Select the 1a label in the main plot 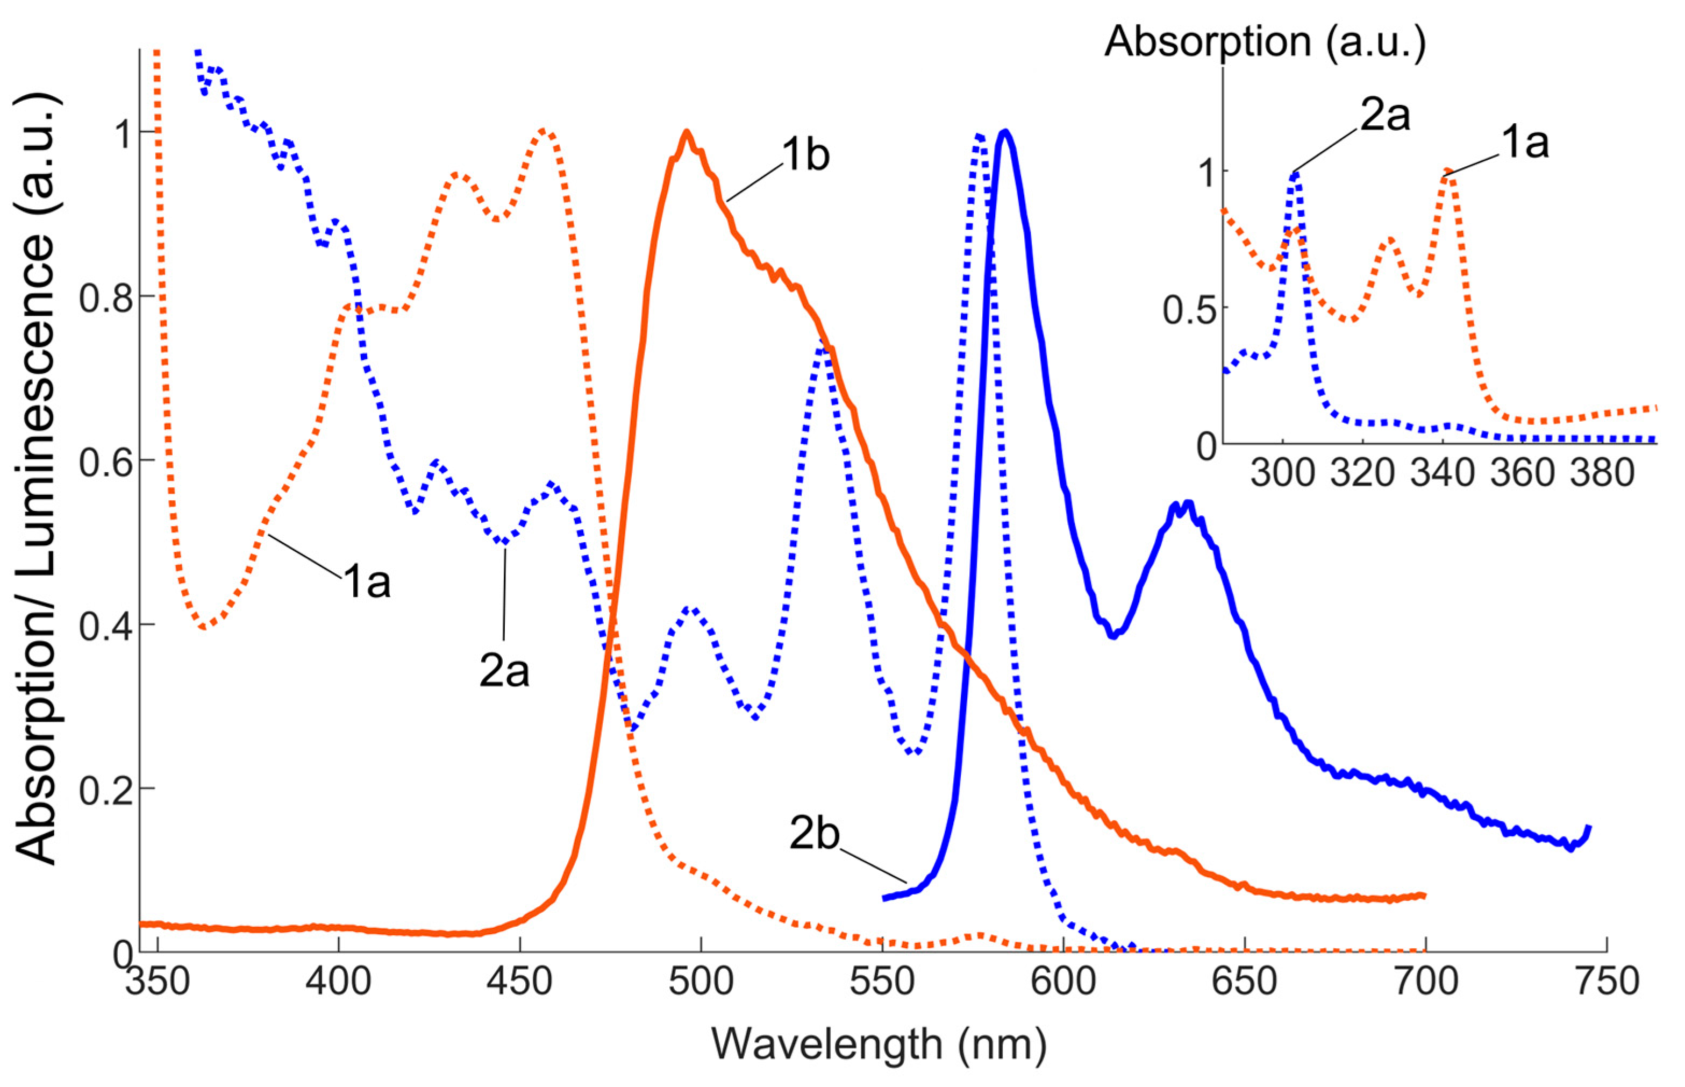[367, 582]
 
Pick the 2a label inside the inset [1384, 115]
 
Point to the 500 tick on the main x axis [701, 982]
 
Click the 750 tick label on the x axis [1607, 982]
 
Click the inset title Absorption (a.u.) [1265, 41]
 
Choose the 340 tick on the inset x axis [1443, 473]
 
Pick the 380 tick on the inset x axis [1602, 473]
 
